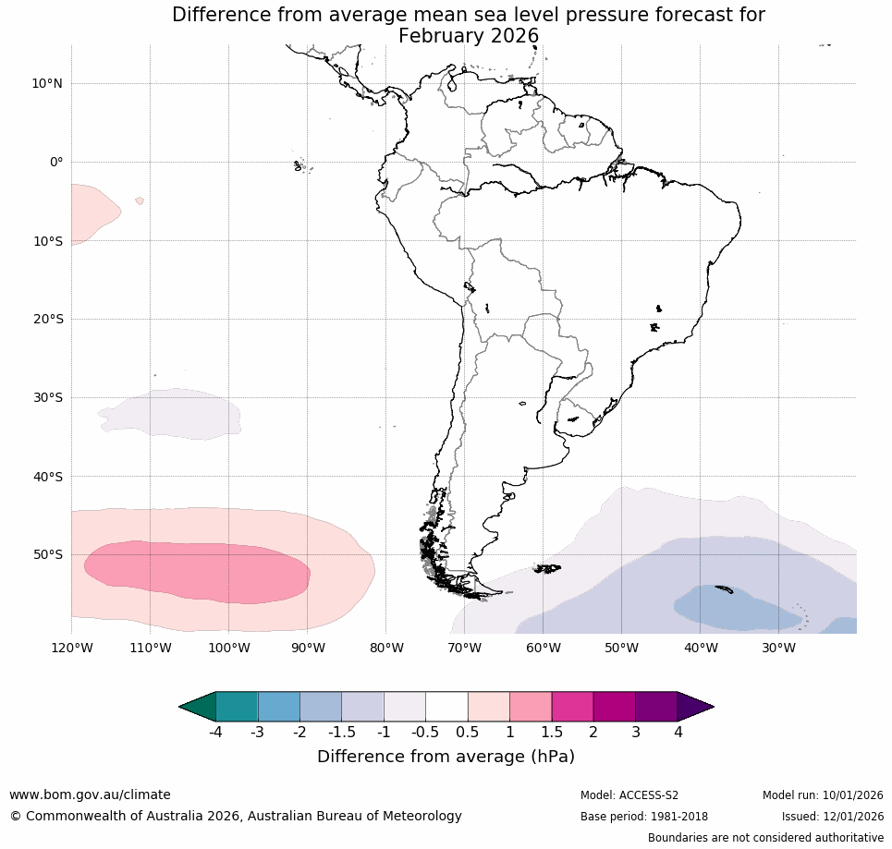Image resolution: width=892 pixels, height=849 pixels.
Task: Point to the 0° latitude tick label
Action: click(56, 162)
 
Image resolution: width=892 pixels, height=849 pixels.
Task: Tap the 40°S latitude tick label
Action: click(46, 477)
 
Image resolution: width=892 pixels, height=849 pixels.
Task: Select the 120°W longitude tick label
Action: click(72, 648)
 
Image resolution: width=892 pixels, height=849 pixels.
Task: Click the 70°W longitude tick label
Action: click(464, 648)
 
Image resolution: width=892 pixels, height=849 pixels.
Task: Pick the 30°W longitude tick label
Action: click(778, 648)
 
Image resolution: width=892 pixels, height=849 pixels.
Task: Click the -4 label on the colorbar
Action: click(214, 733)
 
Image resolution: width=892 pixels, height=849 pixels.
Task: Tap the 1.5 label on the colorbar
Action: click(551, 733)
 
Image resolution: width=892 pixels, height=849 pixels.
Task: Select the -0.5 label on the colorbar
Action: click(424, 733)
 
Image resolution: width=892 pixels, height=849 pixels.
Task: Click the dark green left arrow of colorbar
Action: click(198, 707)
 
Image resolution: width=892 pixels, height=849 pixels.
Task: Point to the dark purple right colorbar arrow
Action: click(694, 707)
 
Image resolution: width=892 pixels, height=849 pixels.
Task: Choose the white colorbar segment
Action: click(446, 707)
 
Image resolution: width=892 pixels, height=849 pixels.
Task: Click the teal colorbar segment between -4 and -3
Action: click(237, 707)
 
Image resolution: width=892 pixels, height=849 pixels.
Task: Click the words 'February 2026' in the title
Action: click(468, 36)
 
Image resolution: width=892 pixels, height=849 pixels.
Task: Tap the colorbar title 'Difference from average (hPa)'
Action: click(446, 757)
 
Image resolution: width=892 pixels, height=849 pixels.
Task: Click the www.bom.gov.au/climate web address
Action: click(90, 794)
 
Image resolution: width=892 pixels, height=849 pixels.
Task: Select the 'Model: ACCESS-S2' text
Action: click(629, 795)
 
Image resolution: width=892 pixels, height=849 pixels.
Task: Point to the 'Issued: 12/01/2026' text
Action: click(832, 817)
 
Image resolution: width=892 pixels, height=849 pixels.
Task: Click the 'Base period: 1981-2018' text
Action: click(643, 817)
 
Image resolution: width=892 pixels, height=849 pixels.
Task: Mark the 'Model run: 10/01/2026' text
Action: click(823, 795)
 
